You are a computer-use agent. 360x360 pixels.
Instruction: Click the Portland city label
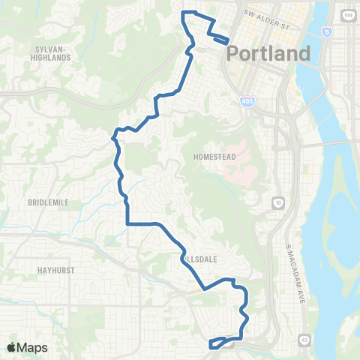[x=268, y=54]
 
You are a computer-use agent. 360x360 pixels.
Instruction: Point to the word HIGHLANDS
[x=52, y=57]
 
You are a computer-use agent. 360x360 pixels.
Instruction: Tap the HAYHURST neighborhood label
[x=52, y=268]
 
